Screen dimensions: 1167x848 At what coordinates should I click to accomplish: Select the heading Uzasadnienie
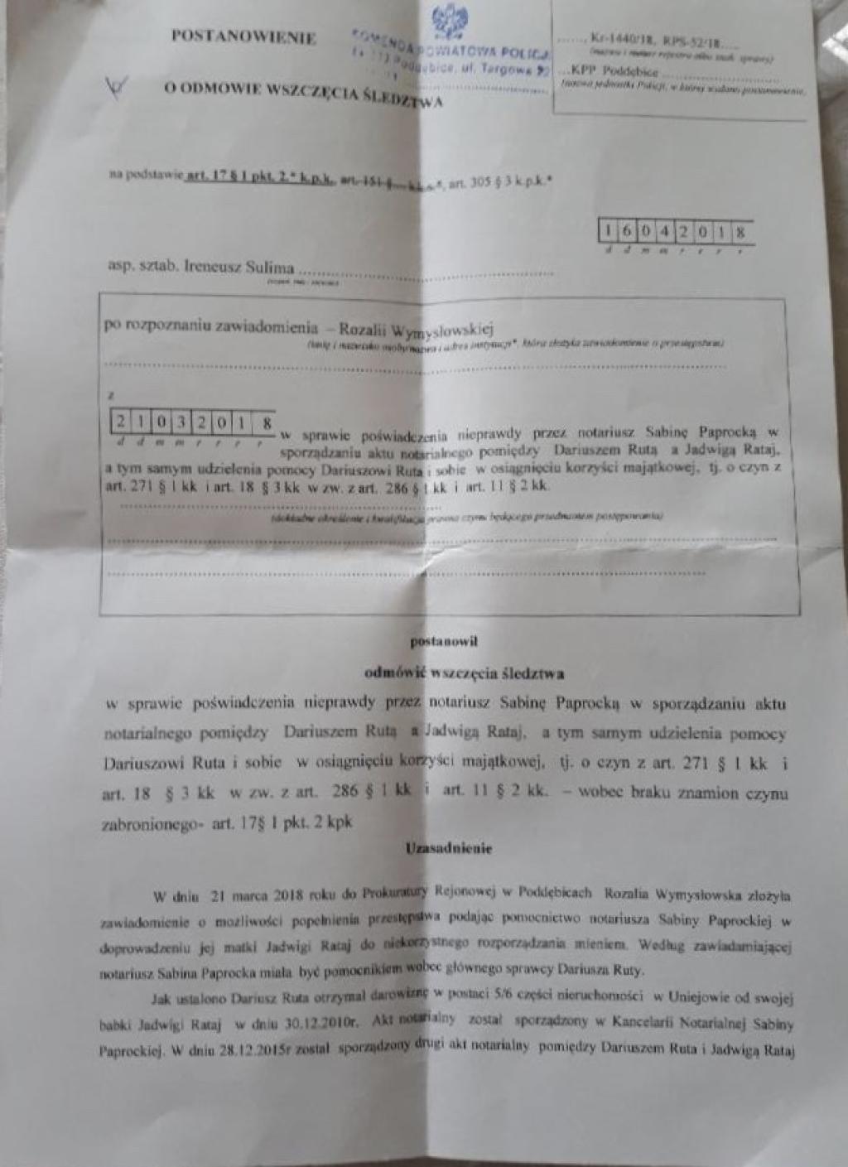(x=448, y=847)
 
